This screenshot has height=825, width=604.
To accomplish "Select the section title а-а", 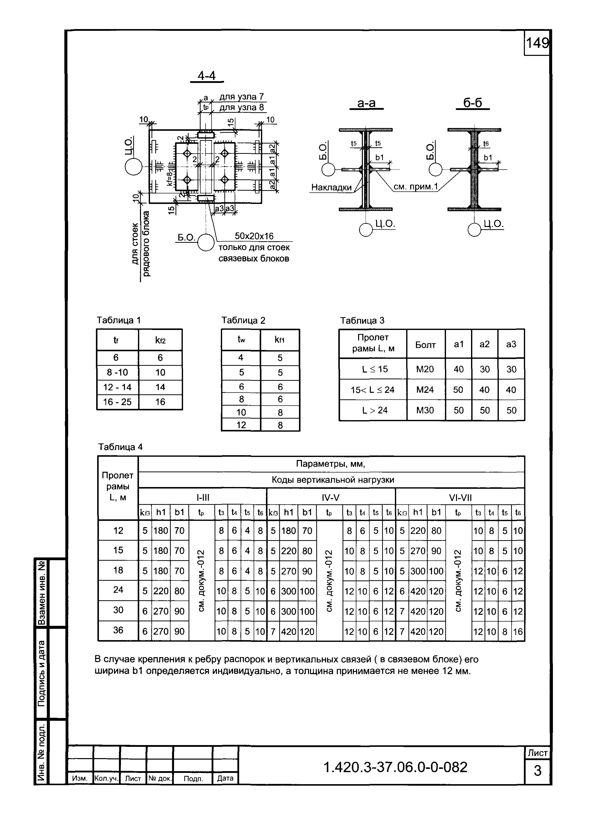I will [366, 103].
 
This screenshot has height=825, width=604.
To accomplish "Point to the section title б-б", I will [473, 103].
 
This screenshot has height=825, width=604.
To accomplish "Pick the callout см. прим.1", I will [416, 187].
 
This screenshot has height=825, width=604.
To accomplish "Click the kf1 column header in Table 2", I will [280, 340].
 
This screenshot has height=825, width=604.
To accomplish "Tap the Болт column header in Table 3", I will [425, 344].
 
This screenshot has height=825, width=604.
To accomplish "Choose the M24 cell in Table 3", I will [425, 390].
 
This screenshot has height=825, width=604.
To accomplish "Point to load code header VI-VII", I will [460, 497].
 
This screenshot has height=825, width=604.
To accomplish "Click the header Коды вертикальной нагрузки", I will [333, 480].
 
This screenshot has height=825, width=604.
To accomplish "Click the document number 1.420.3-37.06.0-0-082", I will [396, 767].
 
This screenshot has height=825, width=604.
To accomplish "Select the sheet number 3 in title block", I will [537, 771].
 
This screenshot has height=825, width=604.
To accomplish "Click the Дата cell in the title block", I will [225, 778].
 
